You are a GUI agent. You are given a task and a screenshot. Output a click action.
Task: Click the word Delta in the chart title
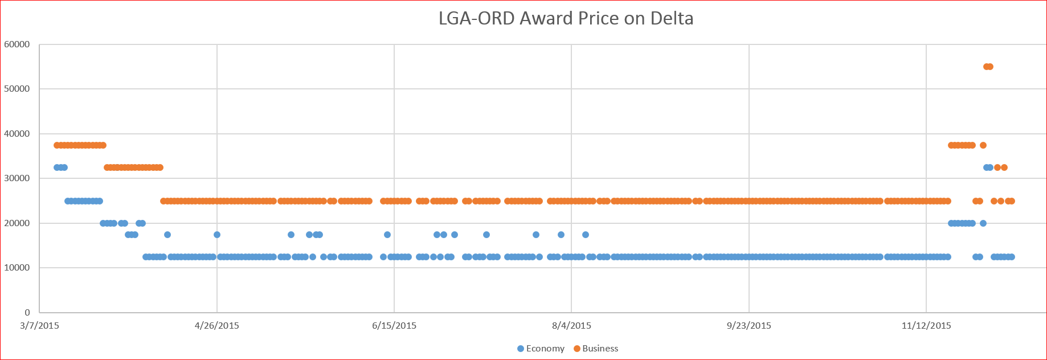point(674,19)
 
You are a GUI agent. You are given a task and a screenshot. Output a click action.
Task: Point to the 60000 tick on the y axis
point(17,44)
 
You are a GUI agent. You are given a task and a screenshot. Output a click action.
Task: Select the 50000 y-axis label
point(17,89)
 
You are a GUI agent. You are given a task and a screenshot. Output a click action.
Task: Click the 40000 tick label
point(17,134)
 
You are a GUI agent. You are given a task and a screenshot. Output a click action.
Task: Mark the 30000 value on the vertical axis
point(17,178)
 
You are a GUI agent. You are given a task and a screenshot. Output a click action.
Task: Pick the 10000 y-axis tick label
point(17,268)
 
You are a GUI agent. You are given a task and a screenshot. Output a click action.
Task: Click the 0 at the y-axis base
point(27,313)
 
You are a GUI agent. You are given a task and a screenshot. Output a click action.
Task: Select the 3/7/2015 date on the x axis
point(39,326)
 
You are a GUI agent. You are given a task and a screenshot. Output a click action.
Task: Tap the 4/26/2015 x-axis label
point(217,326)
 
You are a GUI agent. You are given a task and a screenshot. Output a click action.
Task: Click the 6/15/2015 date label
point(394,326)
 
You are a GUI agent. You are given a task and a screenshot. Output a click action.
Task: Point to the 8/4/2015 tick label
point(571,326)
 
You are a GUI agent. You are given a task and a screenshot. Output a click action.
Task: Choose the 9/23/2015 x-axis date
point(749,326)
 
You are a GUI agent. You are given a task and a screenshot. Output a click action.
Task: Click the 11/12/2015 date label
point(926,326)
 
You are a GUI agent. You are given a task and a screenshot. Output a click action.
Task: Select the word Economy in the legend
point(545,349)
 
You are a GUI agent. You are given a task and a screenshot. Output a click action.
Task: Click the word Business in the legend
point(600,349)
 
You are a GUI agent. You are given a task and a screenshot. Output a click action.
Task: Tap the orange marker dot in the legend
point(577,349)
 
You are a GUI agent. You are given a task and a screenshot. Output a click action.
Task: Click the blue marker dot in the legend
point(521,349)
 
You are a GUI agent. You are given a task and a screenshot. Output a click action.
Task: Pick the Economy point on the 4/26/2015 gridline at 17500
point(217,235)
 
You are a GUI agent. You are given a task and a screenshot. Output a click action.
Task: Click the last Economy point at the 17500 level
point(586,235)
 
